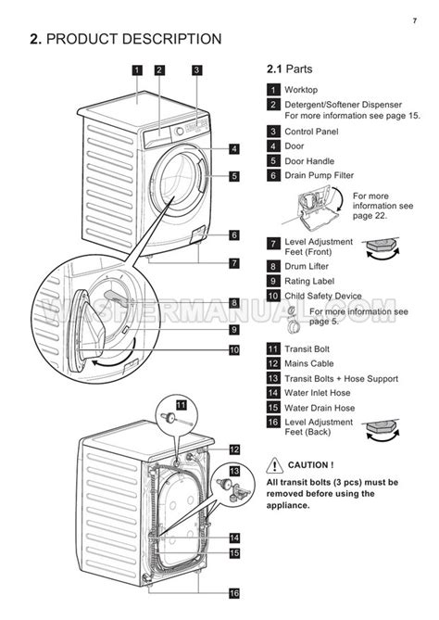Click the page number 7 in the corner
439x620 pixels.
click(415, 20)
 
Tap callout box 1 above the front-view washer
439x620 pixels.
click(137, 70)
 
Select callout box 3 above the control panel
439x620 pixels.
click(196, 70)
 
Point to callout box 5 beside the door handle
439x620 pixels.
click(234, 176)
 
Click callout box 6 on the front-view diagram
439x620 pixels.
click(234, 235)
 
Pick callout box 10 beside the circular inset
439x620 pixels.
click(234, 350)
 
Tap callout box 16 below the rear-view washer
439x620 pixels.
click(234, 593)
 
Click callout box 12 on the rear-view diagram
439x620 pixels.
click(234, 449)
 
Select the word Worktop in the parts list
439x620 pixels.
click(301, 90)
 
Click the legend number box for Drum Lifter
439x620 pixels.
click(273, 267)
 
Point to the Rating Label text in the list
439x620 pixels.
click(309, 281)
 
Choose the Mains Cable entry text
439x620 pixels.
click(309, 363)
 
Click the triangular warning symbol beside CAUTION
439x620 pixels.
click(275, 465)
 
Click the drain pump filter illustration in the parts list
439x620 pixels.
click(315, 209)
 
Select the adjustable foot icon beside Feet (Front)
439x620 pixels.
click(382, 248)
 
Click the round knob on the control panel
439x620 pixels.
click(180, 131)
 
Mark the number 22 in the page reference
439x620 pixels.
click(380, 216)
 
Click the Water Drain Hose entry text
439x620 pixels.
click(320, 408)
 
